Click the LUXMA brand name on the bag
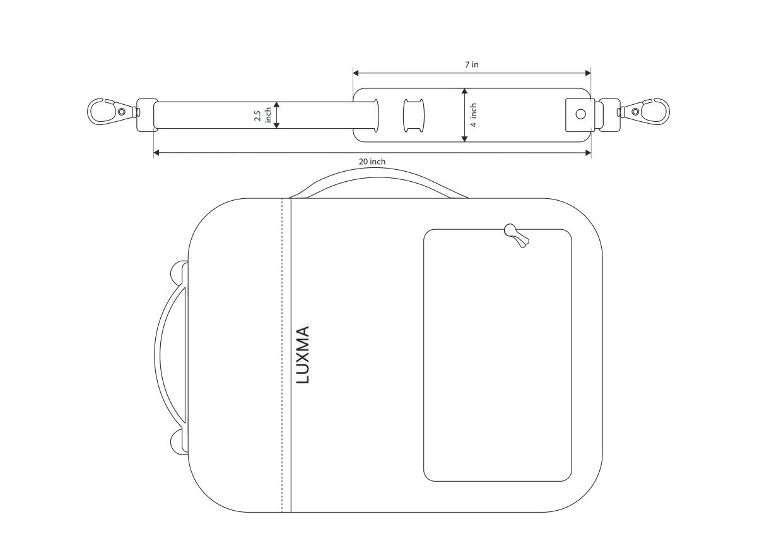tap(303, 355)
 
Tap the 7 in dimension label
tap(471, 64)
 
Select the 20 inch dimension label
tap(372, 162)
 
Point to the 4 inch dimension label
tap(474, 115)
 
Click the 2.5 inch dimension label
tap(262, 115)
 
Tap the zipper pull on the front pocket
tap(516, 235)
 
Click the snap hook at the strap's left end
tap(113, 111)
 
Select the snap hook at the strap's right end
tap(643, 111)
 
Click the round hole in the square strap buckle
tap(580, 114)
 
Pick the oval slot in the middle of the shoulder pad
tap(414, 116)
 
